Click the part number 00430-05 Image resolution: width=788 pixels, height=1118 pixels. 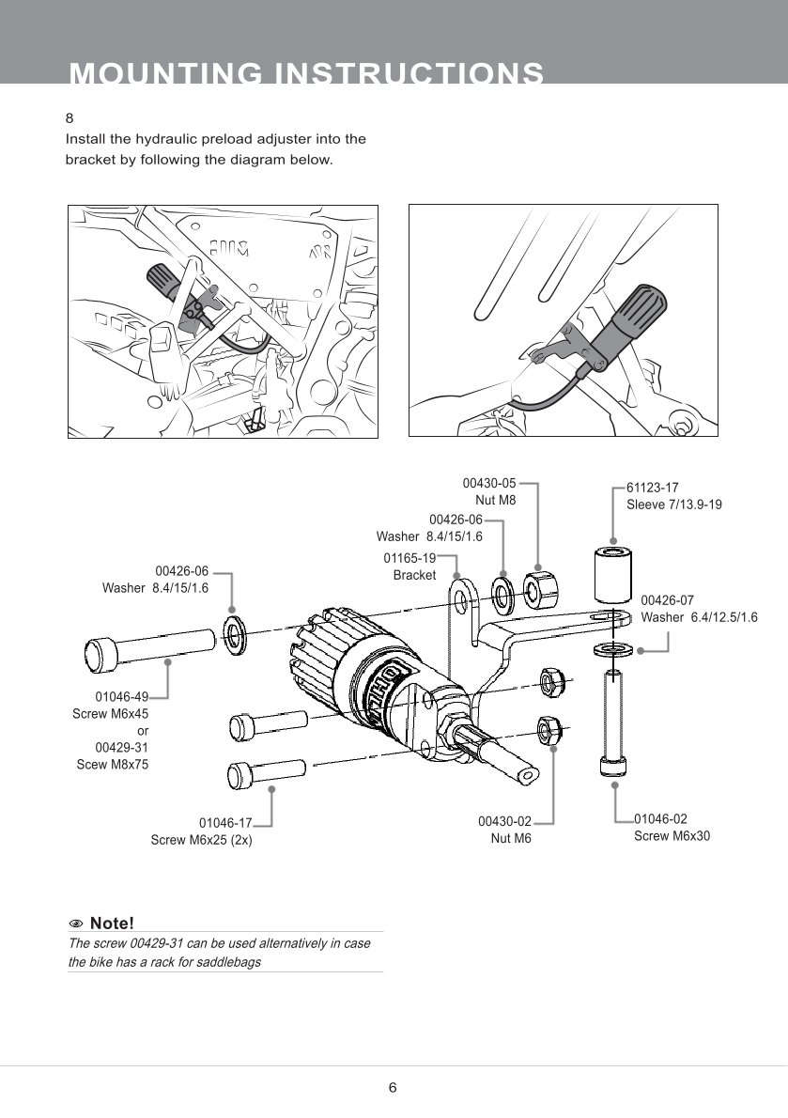click(x=488, y=483)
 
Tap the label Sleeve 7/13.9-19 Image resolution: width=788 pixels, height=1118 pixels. click(x=674, y=505)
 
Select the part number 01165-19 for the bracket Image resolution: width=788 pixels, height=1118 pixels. click(x=409, y=557)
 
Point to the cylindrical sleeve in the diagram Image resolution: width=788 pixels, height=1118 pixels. click(x=612, y=575)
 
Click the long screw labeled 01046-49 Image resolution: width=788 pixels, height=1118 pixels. click(x=149, y=646)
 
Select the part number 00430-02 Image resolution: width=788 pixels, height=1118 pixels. click(x=504, y=821)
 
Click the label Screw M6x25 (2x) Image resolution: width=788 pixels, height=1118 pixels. click(x=201, y=840)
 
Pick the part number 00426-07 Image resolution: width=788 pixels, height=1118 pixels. click(x=667, y=600)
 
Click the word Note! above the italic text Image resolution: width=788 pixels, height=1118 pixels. click(x=112, y=924)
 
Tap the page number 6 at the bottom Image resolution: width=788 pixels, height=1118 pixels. click(x=393, y=1087)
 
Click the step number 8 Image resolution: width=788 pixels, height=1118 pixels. click(x=70, y=117)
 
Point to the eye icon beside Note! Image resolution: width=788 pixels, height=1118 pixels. click(x=76, y=924)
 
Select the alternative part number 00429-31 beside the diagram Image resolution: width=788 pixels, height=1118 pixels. click(x=122, y=747)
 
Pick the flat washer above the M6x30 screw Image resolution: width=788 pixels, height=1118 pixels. click(x=612, y=651)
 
